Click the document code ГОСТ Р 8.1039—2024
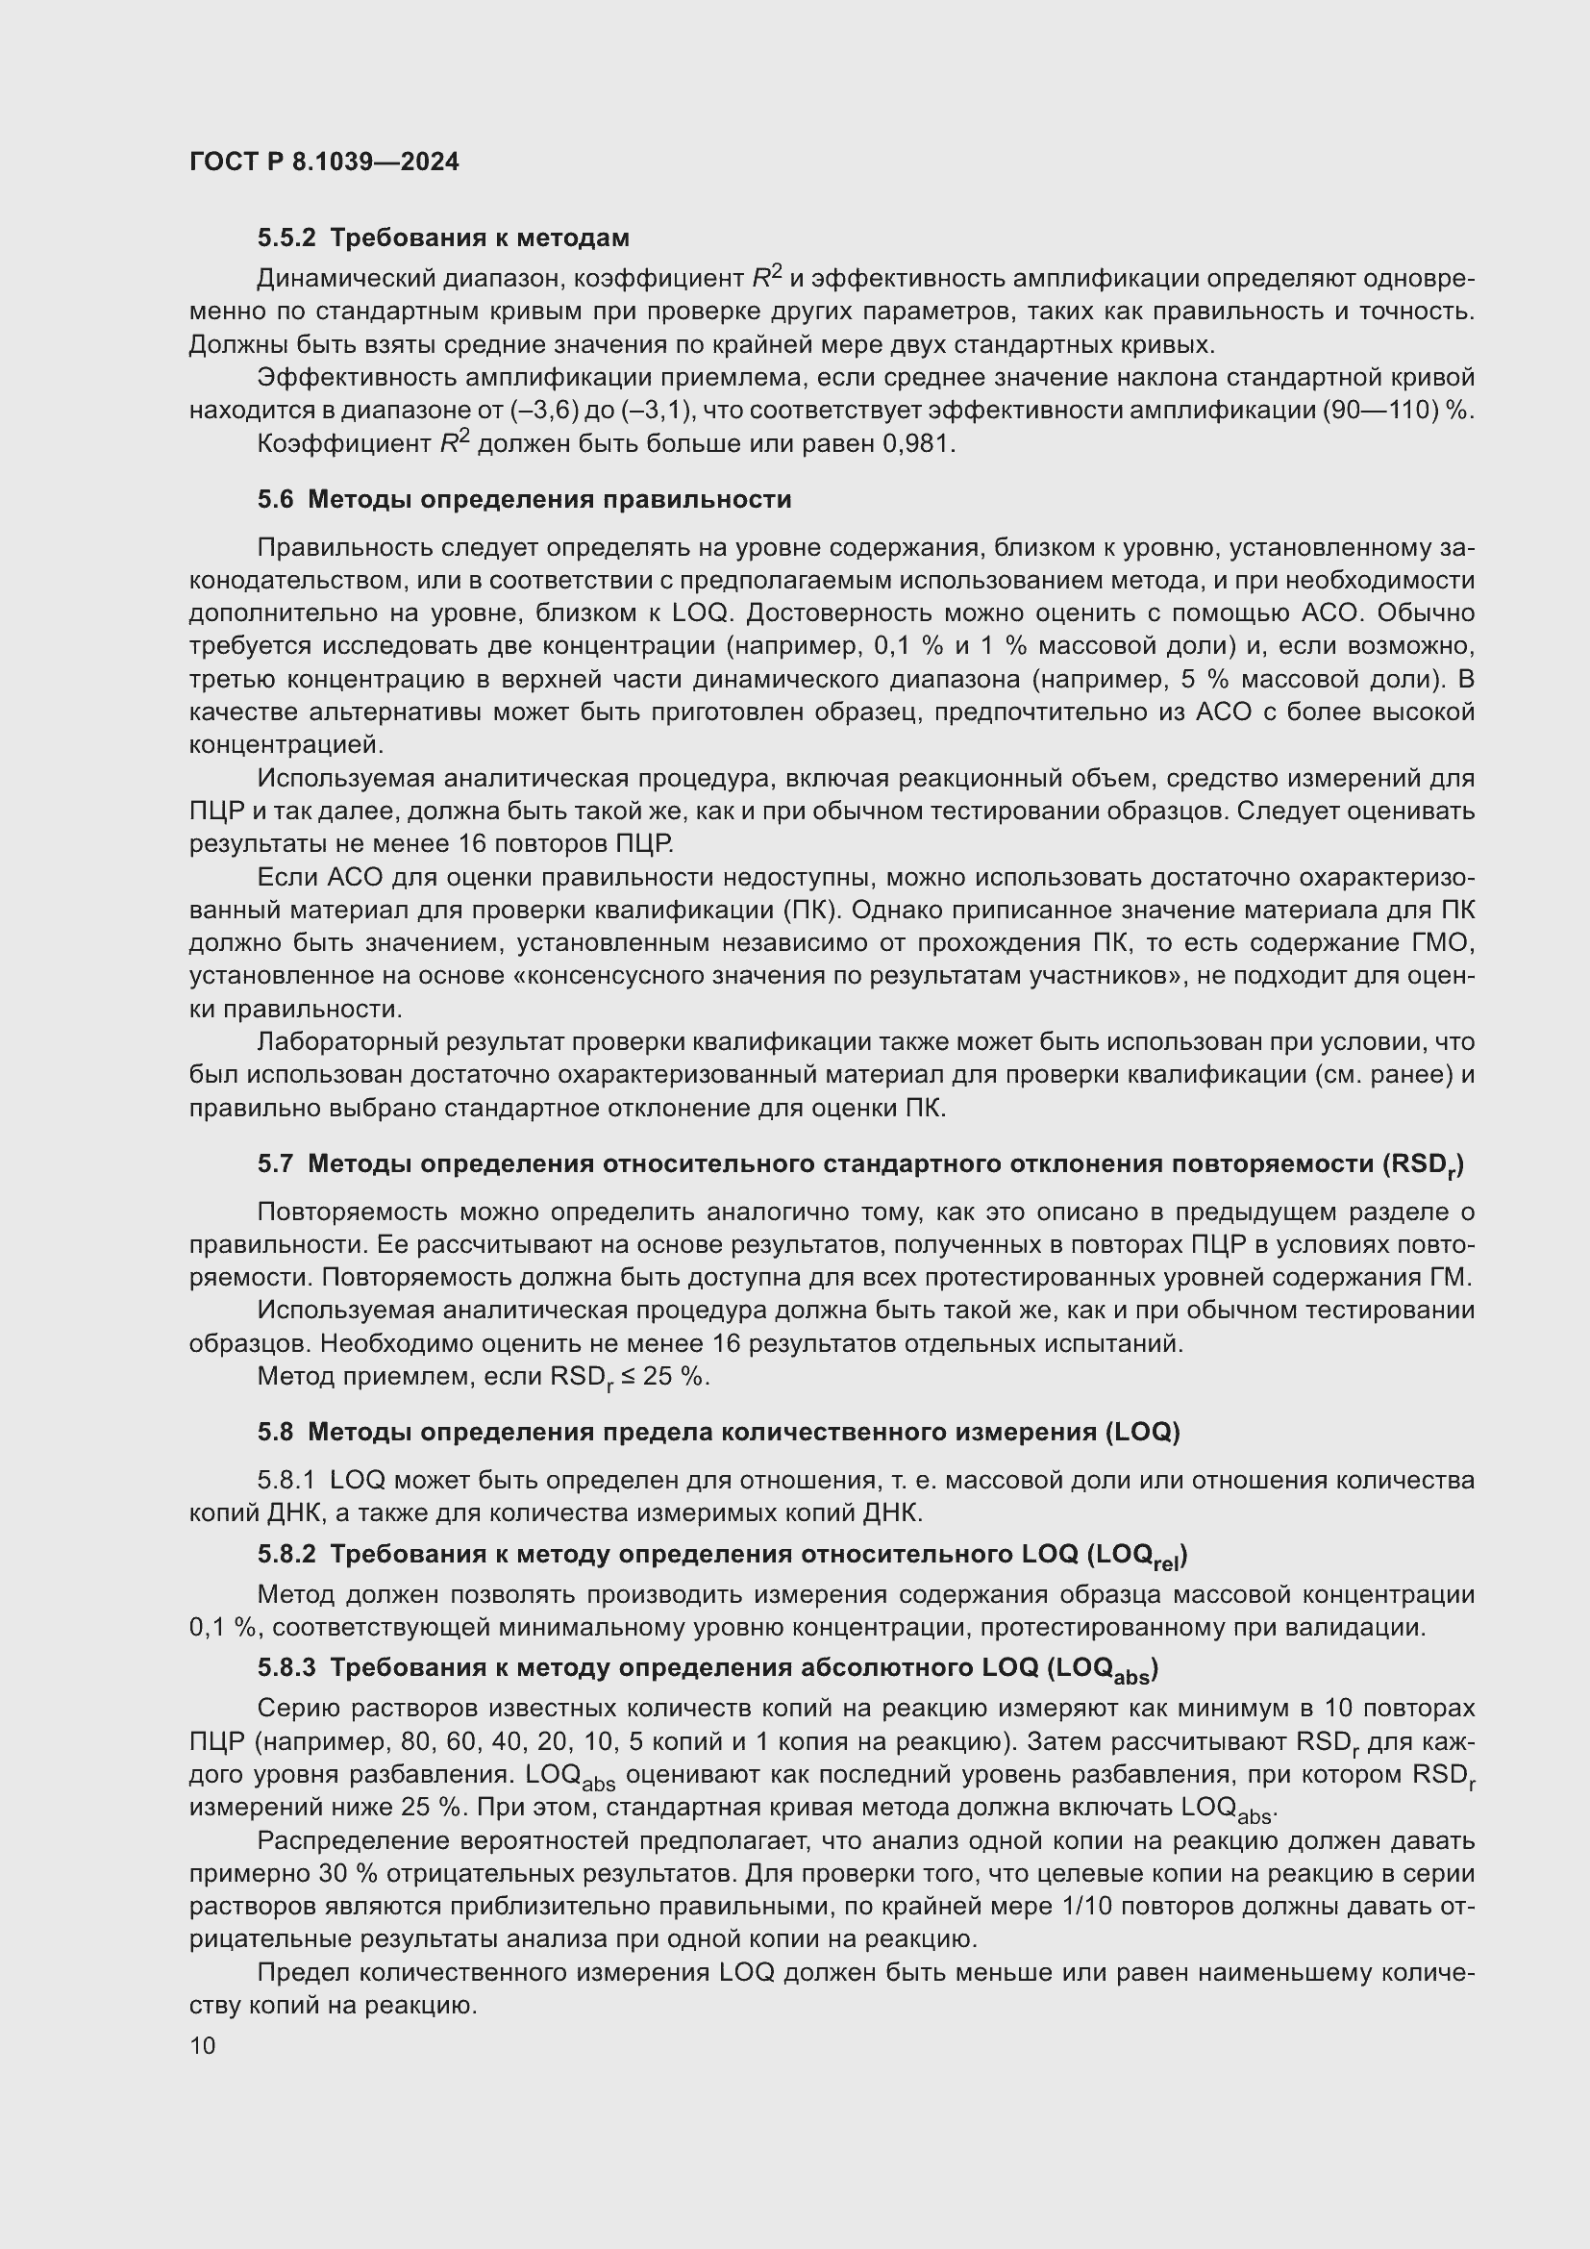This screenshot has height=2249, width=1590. pyautogui.click(x=324, y=162)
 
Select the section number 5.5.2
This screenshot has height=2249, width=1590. pyautogui.click(x=287, y=238)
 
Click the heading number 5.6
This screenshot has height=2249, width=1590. pyautogui.click(x=275, y=500)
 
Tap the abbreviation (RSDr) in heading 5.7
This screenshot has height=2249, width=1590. pyautogui.click(x=1423, y=1164)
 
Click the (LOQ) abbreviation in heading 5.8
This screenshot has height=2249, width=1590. pyautogui.click(x=1142, y=1433)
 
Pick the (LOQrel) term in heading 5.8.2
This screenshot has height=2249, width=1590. pyautogui.click(x=1136, y=1556)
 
